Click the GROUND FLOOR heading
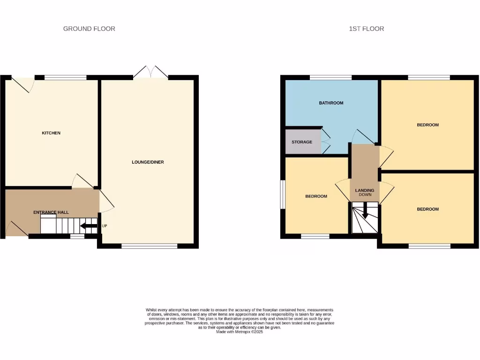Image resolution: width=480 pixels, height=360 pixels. tap(89, 29)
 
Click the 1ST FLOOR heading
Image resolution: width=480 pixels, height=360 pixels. tap(367, 29)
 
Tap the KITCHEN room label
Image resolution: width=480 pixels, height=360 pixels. tap(51, 133)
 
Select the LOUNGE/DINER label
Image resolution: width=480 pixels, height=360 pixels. tap(148, 162)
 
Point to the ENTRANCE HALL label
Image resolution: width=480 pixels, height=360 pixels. tap(51, 212)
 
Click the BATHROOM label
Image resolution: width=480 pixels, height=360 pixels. tap(331, 103)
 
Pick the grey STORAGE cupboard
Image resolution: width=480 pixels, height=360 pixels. tap(302, 142)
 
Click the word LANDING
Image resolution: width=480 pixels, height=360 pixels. tap(365, 190)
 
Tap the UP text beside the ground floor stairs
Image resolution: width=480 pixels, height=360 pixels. tap(105, 226)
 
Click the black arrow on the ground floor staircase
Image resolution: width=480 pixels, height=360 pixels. tap(89, 227)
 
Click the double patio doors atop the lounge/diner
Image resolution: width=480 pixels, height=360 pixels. tap(150, 72)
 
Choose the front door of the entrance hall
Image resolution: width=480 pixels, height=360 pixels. tap(15, 229)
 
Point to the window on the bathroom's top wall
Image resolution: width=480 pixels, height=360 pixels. tap(330, 77)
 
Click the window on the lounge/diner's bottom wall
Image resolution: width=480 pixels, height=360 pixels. tap(149, 246)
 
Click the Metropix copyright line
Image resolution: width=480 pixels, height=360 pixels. tap(240, 332)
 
